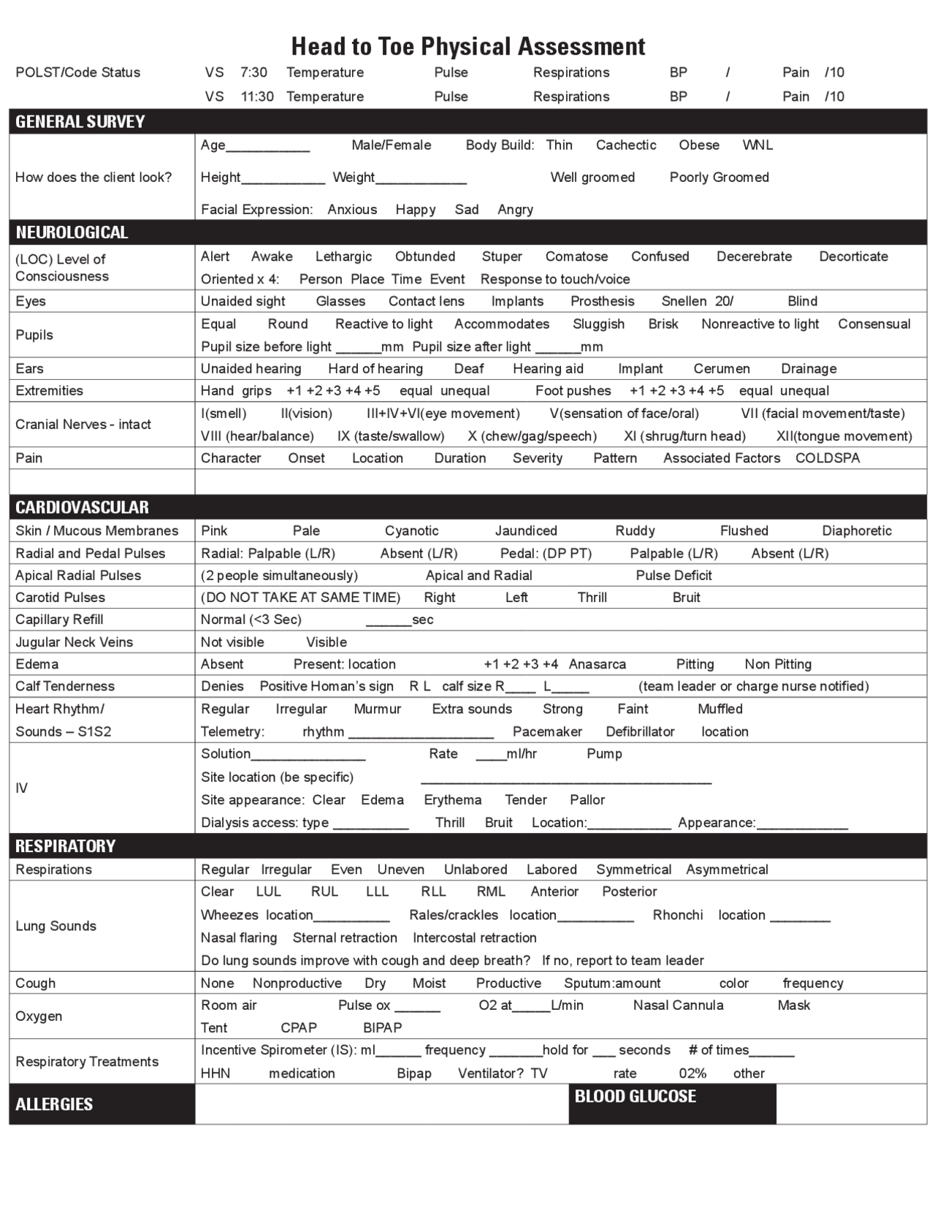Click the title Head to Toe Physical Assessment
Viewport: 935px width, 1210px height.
point(468,47)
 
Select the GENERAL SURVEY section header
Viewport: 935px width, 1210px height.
point(80,121)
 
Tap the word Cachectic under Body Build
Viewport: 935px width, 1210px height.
point(626,145)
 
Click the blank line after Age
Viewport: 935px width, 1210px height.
point(268,146)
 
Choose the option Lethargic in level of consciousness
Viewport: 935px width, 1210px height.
point(343,256)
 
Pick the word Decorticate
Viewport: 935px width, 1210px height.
point(853,256)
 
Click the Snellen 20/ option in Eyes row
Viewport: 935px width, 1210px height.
point(697,301)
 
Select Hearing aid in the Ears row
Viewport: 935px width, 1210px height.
point(548,369)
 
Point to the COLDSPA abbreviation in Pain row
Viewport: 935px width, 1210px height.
point(828,458)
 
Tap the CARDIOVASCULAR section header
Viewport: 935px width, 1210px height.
point(82,507)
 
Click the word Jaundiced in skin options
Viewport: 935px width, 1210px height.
point(526,531)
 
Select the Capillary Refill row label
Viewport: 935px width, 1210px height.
point(59,620)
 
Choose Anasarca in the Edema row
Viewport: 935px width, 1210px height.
point(597,664)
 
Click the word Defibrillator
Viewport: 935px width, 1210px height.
point(640,731)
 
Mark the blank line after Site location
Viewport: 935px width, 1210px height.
point(565,779)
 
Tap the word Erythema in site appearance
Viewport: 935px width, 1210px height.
point(453,800)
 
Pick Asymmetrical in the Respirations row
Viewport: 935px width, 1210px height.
point(727,870)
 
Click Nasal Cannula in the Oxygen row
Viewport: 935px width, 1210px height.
point(678,1005)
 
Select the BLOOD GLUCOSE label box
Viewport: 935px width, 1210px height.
point(636,1096)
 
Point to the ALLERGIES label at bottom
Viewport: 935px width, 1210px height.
point(54,1104)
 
